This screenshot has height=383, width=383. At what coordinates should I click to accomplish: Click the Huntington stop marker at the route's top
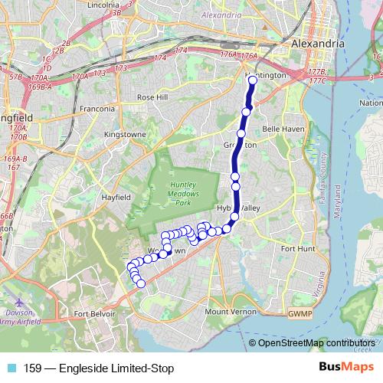coord(252,79)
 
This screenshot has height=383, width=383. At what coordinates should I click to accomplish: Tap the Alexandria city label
coord(318,44)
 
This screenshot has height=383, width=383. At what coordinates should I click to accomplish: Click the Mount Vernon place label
coord(228,312)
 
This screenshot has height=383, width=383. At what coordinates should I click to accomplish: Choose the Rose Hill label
coord(151,97)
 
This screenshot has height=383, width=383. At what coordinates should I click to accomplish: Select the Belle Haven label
coord(283,129)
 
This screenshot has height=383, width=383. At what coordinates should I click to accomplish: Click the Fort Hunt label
coord(298,248)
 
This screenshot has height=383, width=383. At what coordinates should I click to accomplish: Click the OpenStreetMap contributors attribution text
coord(313,342)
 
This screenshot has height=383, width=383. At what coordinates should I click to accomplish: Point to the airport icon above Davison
coord(19,303)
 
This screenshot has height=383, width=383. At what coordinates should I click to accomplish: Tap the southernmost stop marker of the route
coord(141,284)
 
